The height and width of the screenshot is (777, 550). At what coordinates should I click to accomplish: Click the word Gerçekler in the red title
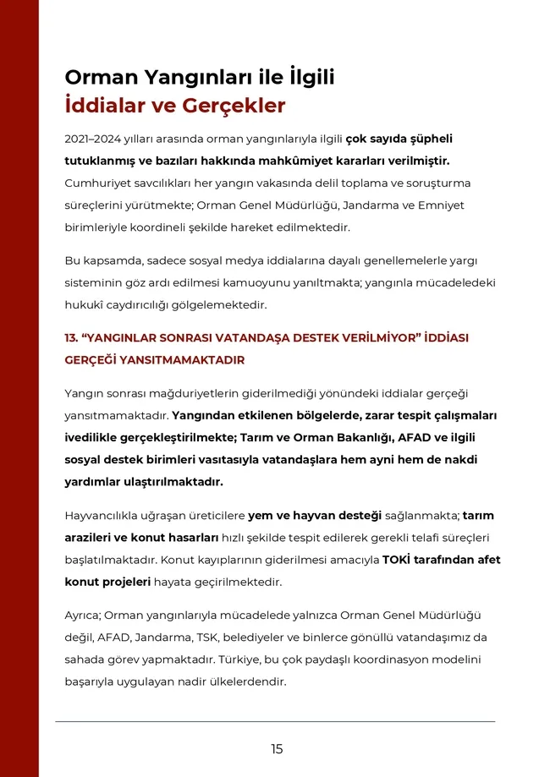[x=231, y=107]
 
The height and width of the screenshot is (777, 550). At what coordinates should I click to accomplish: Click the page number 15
[x=277, y=749]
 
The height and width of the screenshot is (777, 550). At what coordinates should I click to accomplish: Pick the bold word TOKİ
[x=398, y=560]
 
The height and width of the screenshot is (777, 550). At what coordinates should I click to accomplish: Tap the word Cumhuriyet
[x=96, y=183]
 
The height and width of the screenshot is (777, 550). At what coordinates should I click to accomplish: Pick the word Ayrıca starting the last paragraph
[x=84, y=614]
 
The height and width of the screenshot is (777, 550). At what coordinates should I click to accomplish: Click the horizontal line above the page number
[x=275, y=721]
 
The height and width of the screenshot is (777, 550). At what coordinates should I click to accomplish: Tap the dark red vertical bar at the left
[x=19, y=388]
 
